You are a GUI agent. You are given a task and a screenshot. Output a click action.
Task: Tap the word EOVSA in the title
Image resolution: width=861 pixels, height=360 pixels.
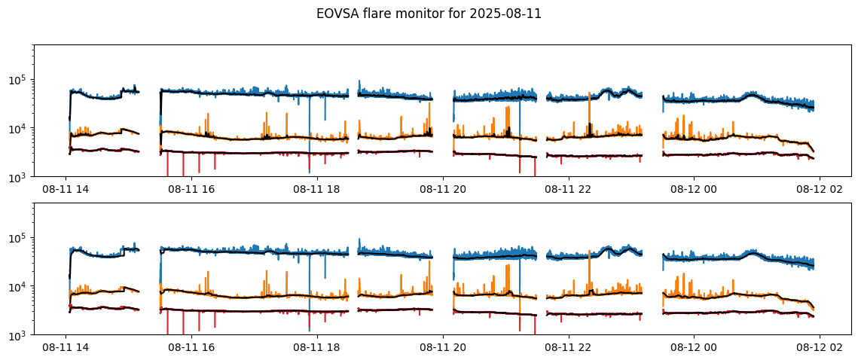336,14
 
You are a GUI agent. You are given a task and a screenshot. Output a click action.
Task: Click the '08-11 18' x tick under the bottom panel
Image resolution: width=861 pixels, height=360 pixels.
317,349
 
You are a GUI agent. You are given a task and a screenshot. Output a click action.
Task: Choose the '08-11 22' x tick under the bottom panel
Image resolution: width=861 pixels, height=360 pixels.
569,349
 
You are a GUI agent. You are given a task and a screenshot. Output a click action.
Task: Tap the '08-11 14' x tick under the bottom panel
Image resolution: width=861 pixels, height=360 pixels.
66,349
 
